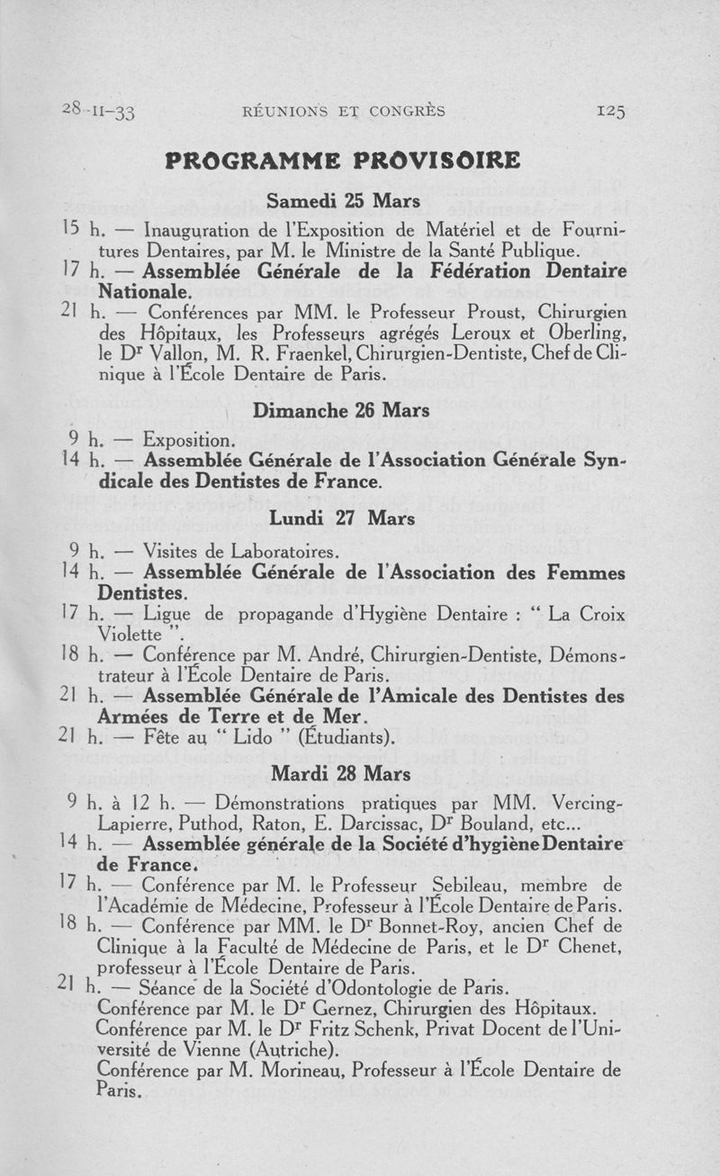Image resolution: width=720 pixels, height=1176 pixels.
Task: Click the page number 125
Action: [609, 111]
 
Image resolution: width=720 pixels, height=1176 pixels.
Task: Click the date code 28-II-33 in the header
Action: [99, 111]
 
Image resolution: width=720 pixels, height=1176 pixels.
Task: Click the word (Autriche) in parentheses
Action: [286, 1049]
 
